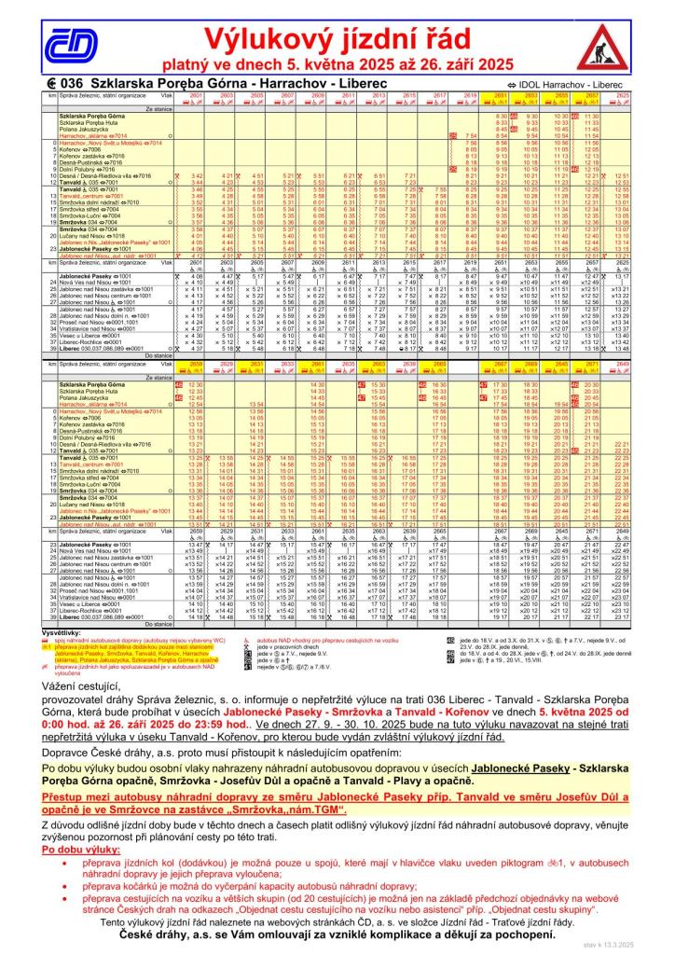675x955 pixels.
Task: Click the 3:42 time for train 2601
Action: tap(197, 175)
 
